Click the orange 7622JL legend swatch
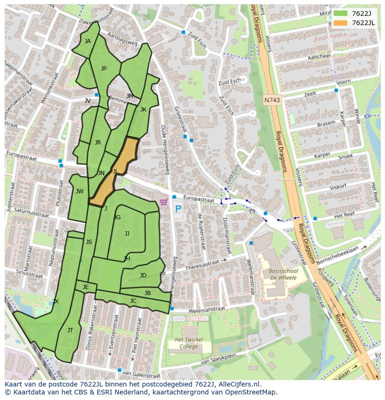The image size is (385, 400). [341, 23]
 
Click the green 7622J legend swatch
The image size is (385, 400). [341, 13]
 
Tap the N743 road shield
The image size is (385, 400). [272, 100]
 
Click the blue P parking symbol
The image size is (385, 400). [178, 209]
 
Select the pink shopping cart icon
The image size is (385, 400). [163, 202]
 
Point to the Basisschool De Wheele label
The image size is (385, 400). [282, 274]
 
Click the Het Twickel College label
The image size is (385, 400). [189, 343]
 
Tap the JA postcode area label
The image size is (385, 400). [87, 41]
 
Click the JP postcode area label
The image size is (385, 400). [104, 69]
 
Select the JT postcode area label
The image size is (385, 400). [70, 330]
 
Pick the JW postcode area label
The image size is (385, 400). [80, 191]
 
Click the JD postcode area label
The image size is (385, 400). [143, 275]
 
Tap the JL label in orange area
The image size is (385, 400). [115, 171]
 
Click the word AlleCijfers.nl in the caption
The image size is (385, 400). [237, 384]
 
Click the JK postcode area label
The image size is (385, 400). [143, 110]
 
